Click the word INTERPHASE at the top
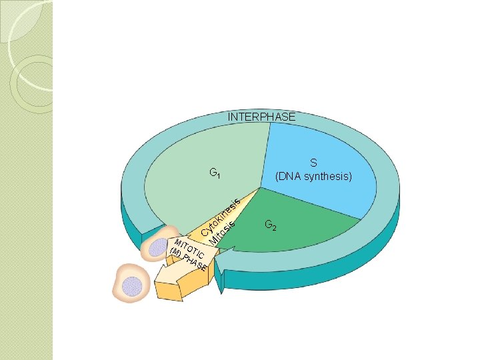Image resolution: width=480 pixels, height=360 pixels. [261, 117]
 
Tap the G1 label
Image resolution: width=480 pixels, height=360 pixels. [215, 174]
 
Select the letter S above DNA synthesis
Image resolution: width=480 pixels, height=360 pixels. [313, 163]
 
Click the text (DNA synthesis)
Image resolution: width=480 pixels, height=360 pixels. [313, 177]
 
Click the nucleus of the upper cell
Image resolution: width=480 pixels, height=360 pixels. [158, 247]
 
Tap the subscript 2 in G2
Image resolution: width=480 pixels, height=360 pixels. [275, 227]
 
